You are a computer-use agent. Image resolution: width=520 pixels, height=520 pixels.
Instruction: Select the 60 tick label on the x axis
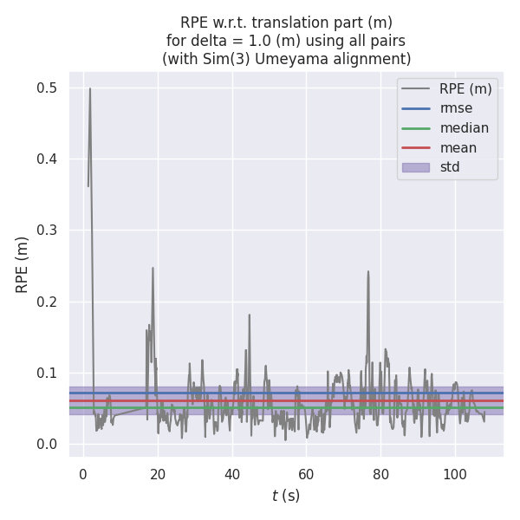pyautogui.click(x=307, y=474)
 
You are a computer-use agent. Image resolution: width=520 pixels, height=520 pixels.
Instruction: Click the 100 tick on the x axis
pyautogui.click(x=455, y=474)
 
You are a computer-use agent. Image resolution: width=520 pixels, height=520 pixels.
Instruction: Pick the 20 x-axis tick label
pyautogui.click(x=158, y=474)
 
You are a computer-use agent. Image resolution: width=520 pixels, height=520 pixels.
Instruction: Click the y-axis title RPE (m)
pyautogui.click(x=23, y=264)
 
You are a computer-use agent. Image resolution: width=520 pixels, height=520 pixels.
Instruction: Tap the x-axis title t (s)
pyautogui.click(x=286, y=496)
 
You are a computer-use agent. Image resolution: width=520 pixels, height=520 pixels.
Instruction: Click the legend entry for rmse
pyautogui.click(x=456, y=108)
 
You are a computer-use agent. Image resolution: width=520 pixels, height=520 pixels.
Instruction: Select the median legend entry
pyautogui.click(x=464, y=128)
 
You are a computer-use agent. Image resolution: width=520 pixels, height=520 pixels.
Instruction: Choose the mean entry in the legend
pyautogui.click(x=458, y=148)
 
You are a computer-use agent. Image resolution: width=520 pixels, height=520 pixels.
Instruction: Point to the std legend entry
pyautogui.click(x=450, y=167)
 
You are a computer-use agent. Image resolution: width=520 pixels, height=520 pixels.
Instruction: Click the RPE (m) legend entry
pyautogui.click(x=465, y=88)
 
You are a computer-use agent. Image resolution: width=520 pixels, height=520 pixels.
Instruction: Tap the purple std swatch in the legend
pyautogui.click(x=415, y=167)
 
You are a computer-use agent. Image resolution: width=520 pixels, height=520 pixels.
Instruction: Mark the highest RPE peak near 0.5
pyautogui.click(x=89, y=88)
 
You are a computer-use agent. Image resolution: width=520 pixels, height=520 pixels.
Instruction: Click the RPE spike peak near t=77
pyautogui.click(x=367, y=271)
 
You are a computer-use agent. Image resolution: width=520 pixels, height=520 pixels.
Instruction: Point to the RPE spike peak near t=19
pyautogui.click(x=153, y=268)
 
